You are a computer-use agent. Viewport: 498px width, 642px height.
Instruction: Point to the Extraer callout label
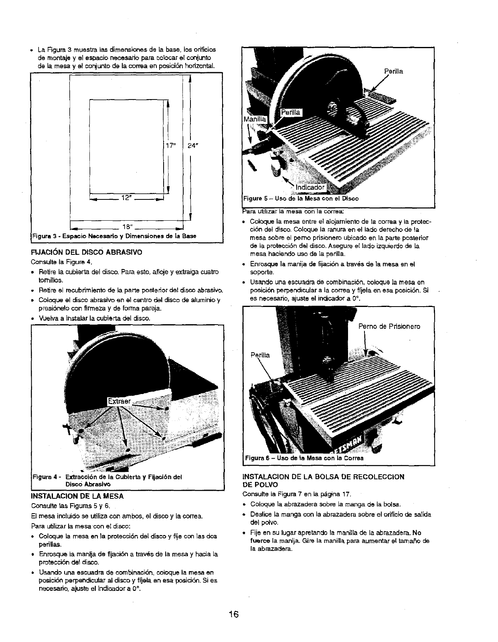(x=119, y=401)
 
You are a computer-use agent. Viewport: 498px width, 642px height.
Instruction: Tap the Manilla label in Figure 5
(x=255, y=119)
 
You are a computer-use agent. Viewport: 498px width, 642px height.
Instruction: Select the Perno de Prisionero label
(x=389, y=326)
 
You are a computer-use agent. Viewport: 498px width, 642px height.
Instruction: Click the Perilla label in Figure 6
(x=260, y=355)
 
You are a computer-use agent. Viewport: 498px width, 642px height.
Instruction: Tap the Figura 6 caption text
(x=304, y=458)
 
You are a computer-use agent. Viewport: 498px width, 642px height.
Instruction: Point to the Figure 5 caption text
(x=301, y=199)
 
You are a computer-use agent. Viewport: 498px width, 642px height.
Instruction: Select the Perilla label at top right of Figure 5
(x=393, y=71)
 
